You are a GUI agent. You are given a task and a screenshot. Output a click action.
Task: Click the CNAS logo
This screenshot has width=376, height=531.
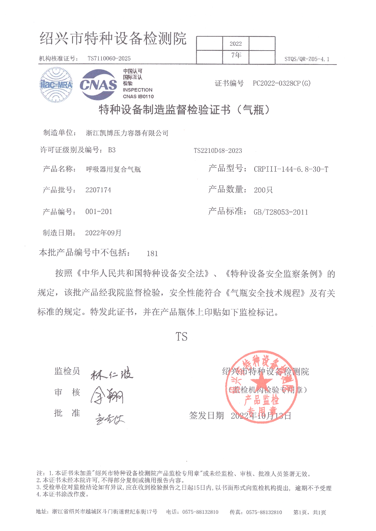(98, 85)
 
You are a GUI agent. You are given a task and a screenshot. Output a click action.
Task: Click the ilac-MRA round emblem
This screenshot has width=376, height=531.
(56, 85)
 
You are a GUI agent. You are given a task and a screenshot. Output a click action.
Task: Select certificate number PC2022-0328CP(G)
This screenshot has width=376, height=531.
(281, 84)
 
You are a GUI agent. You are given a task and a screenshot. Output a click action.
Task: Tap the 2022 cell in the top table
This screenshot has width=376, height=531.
(236, 44)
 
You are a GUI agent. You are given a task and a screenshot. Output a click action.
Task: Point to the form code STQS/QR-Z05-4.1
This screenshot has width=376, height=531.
(307, 59)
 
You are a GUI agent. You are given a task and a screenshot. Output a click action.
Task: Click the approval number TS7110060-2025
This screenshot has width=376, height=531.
(109, 58)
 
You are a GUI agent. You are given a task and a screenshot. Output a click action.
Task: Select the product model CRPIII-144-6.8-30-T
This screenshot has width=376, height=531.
(291, 169)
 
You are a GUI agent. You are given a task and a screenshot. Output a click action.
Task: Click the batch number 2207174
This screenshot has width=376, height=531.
(98, 190)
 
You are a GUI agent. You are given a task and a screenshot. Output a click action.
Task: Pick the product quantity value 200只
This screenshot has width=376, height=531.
(263, 190)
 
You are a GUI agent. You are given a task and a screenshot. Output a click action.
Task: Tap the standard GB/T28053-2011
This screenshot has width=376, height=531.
(281, 212)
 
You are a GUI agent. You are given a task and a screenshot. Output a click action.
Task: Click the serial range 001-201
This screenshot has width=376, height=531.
(99, 212)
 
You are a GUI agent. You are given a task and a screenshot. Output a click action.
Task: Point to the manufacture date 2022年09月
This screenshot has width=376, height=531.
(103, 233)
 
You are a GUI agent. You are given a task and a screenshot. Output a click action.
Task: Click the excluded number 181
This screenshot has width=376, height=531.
(152, 253)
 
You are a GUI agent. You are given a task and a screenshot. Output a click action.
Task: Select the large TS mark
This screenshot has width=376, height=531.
(181, 337)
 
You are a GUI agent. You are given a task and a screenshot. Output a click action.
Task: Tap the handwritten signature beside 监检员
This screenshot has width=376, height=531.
(111, 374)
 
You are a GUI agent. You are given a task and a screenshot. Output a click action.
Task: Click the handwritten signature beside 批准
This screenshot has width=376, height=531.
(109, 419)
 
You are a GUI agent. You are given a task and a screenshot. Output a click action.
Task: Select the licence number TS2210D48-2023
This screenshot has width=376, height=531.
(218, 150)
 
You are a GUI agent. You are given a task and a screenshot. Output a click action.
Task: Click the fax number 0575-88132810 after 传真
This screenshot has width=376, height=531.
(264, 512)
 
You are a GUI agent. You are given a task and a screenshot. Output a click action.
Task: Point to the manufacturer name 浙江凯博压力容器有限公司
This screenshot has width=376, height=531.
(127, 133)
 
